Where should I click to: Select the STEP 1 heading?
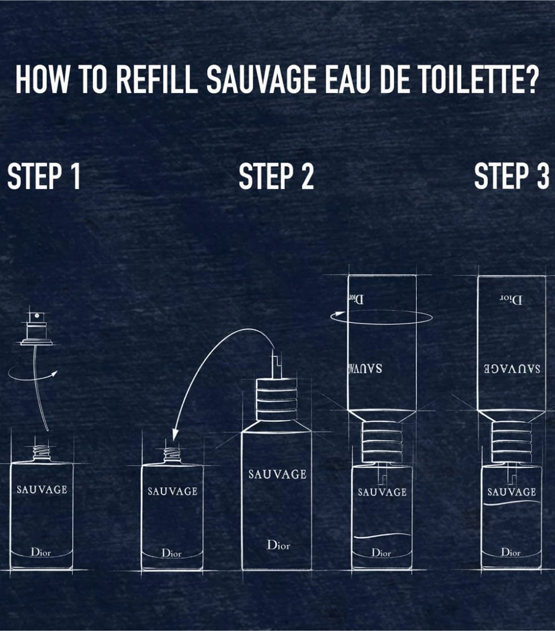pos(44,176)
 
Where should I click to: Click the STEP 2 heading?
pos(276,176)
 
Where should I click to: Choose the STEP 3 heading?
pos(511,176)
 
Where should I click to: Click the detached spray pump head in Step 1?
pos(37,330)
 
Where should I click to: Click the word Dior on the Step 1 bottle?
pos(41,552)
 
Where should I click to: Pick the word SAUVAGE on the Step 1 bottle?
pos(42,489)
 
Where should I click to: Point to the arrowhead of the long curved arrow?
pos(175,436)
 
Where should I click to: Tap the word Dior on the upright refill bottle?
pos(278,544)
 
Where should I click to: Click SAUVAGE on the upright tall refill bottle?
pos(277,474)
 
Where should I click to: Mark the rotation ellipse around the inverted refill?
pos(381,317)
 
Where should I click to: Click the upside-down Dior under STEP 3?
pos(511,300)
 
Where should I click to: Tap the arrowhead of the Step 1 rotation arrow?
pos(55,373)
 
